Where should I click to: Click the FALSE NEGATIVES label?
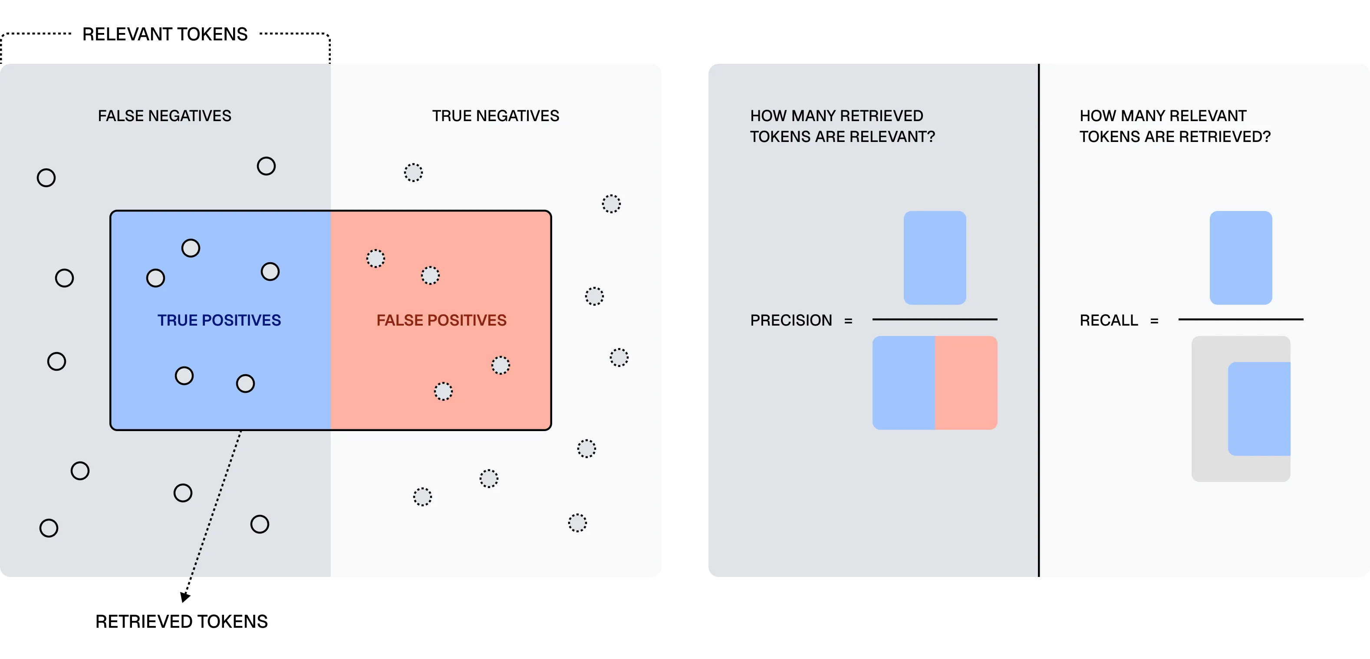tap(165, 116)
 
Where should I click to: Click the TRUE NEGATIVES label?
tap(495, 116)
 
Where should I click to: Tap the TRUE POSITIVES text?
tap(219, 320)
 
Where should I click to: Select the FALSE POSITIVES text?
tap(441, 320)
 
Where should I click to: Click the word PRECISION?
tap(791, 320)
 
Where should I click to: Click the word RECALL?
tap(1108, 320)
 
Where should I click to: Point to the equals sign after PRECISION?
tap(848, 321)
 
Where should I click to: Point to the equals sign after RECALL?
tap(1154, 321)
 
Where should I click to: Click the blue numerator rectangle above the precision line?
tap(935, 258)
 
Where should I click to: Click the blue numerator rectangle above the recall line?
tap(1240, 258)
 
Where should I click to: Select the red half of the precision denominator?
tap(966, 382)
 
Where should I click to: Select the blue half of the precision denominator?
tap(904, 382)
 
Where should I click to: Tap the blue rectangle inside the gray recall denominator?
tap(1259, 409)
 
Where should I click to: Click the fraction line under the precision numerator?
tap(935, 319)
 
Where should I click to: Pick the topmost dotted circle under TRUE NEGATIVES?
tap(413, 172)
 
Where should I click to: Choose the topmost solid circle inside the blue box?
tap(191, 248)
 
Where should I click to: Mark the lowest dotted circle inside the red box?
tap(443, 392)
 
